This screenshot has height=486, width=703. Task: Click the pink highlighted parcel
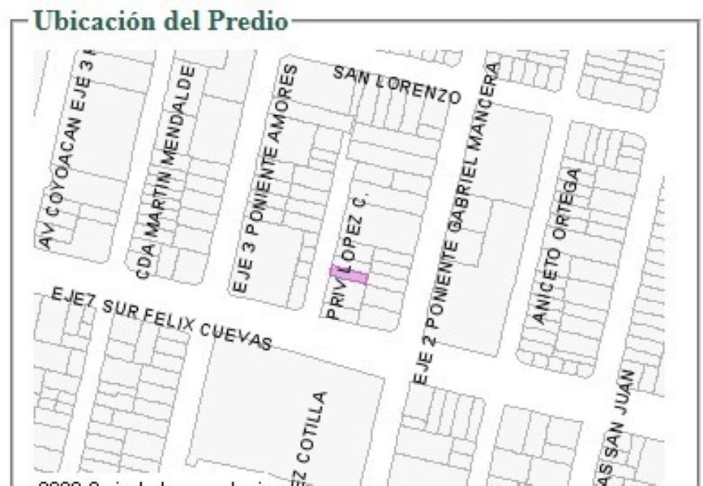tap(349, 275)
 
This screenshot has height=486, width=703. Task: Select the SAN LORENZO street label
tap(397, 84)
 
